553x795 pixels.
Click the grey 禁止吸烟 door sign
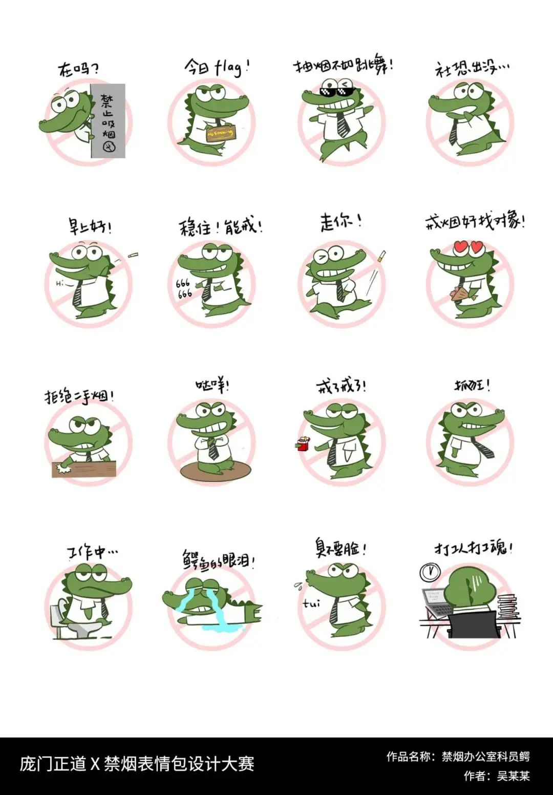[108, 121]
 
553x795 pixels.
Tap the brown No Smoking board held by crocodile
[220, 134]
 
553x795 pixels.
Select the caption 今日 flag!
[217, 67]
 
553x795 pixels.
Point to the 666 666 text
[183, 288]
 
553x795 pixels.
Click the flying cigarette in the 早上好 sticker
[133, 255]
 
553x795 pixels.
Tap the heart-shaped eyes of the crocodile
[469, 248]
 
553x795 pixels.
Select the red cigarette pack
[303, 444]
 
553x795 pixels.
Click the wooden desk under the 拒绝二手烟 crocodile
[84, 468]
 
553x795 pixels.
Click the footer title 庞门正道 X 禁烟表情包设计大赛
[137, 764]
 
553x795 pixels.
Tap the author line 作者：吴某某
[496, 776]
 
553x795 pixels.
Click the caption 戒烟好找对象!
[475, 222]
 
